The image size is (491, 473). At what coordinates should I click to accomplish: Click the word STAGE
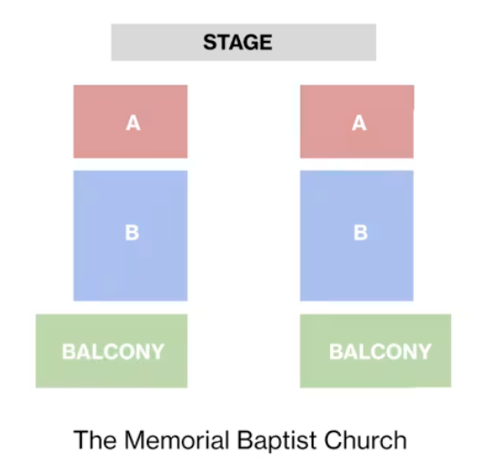pos(237,42)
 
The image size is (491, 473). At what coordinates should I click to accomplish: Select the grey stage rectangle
pos(244,42)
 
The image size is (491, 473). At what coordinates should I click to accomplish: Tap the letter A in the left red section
pos(133,123)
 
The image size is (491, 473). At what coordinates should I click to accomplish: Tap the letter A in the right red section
pos(359,123)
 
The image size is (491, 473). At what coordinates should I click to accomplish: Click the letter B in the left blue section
pos(132,233)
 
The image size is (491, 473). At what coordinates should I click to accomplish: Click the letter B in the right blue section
pos(360,233)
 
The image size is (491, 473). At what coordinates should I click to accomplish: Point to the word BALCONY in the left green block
pos(113,351)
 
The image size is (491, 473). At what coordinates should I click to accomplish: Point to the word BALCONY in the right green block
pos(380,351)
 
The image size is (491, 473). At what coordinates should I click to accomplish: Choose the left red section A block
pos(130,122)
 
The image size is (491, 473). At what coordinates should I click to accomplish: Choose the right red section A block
pos(357,122)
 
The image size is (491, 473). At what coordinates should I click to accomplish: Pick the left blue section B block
pos(130,236)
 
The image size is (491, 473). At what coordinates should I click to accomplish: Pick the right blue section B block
pos(356,236)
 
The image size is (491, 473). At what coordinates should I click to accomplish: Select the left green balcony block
pos(112,351)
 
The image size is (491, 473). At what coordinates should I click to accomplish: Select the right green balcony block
pos(376,351)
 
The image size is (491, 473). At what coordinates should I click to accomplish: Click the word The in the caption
pos(95,440)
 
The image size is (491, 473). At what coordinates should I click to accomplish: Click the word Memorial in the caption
pos(177,440)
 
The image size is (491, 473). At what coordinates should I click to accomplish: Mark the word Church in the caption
pos(366,440)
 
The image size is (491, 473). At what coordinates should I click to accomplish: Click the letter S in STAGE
pos(209,42)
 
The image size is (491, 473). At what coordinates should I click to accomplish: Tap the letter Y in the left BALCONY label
pos(156,351)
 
